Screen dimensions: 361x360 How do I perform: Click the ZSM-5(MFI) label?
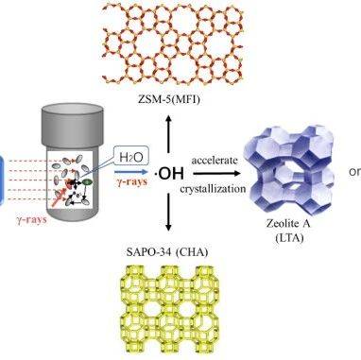coord(169,100)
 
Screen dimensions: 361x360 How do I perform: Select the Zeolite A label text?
coord(288,224)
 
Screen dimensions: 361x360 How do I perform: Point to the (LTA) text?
coord(289,238)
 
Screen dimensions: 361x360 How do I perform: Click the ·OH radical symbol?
coord(168,174)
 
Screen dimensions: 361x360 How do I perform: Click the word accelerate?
coord(215,161)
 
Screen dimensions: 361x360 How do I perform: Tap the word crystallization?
coord(213,189)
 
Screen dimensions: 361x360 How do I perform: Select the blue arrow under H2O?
coord(131,172)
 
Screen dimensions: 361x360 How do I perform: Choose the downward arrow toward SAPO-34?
coord(168,213)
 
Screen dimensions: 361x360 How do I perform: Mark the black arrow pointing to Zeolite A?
coord(216,174)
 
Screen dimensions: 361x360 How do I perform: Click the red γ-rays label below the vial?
coord(32,220)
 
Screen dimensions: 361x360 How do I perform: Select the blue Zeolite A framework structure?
coord(289,168)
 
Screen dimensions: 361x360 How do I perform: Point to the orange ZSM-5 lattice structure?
coord(174,44)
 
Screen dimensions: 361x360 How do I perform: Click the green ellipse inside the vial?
coord(87,181)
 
